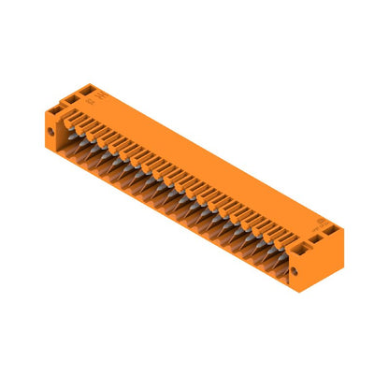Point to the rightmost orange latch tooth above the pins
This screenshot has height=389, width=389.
278,236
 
